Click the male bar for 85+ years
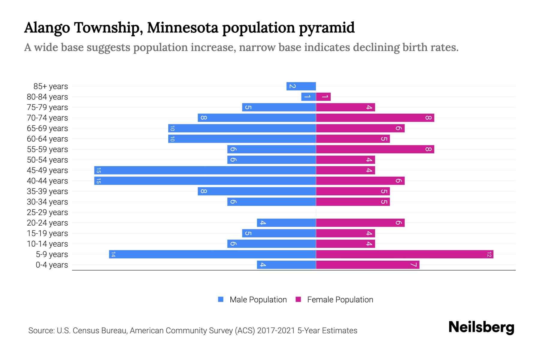pyautogui.click(x=301, y=86)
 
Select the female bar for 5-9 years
pyautogui.click(x=404, y=254)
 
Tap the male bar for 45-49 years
pyautogui.click(x=205, y=170)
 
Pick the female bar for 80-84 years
pyautogui.click(x=323, y=97)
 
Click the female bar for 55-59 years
pyautogui.click(x=375, y=149)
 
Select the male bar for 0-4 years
pyautogui.click(x=286, y=265)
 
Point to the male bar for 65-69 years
pyautogui.click(x=242, y=128)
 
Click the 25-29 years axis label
pyautogui.click(x=47, y=212)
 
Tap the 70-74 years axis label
pyautogui.click(x=47, y=118)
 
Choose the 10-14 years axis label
pyautogui.click(x=47, y=244)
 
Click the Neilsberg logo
pyautogui.click(x=481, y=327)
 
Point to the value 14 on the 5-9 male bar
pyautogui.click(x=113, y=254)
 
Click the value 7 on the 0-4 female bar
pyautogui.click(x=414, y=265)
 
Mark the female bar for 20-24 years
pyautogui.click(x=360, y=223)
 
